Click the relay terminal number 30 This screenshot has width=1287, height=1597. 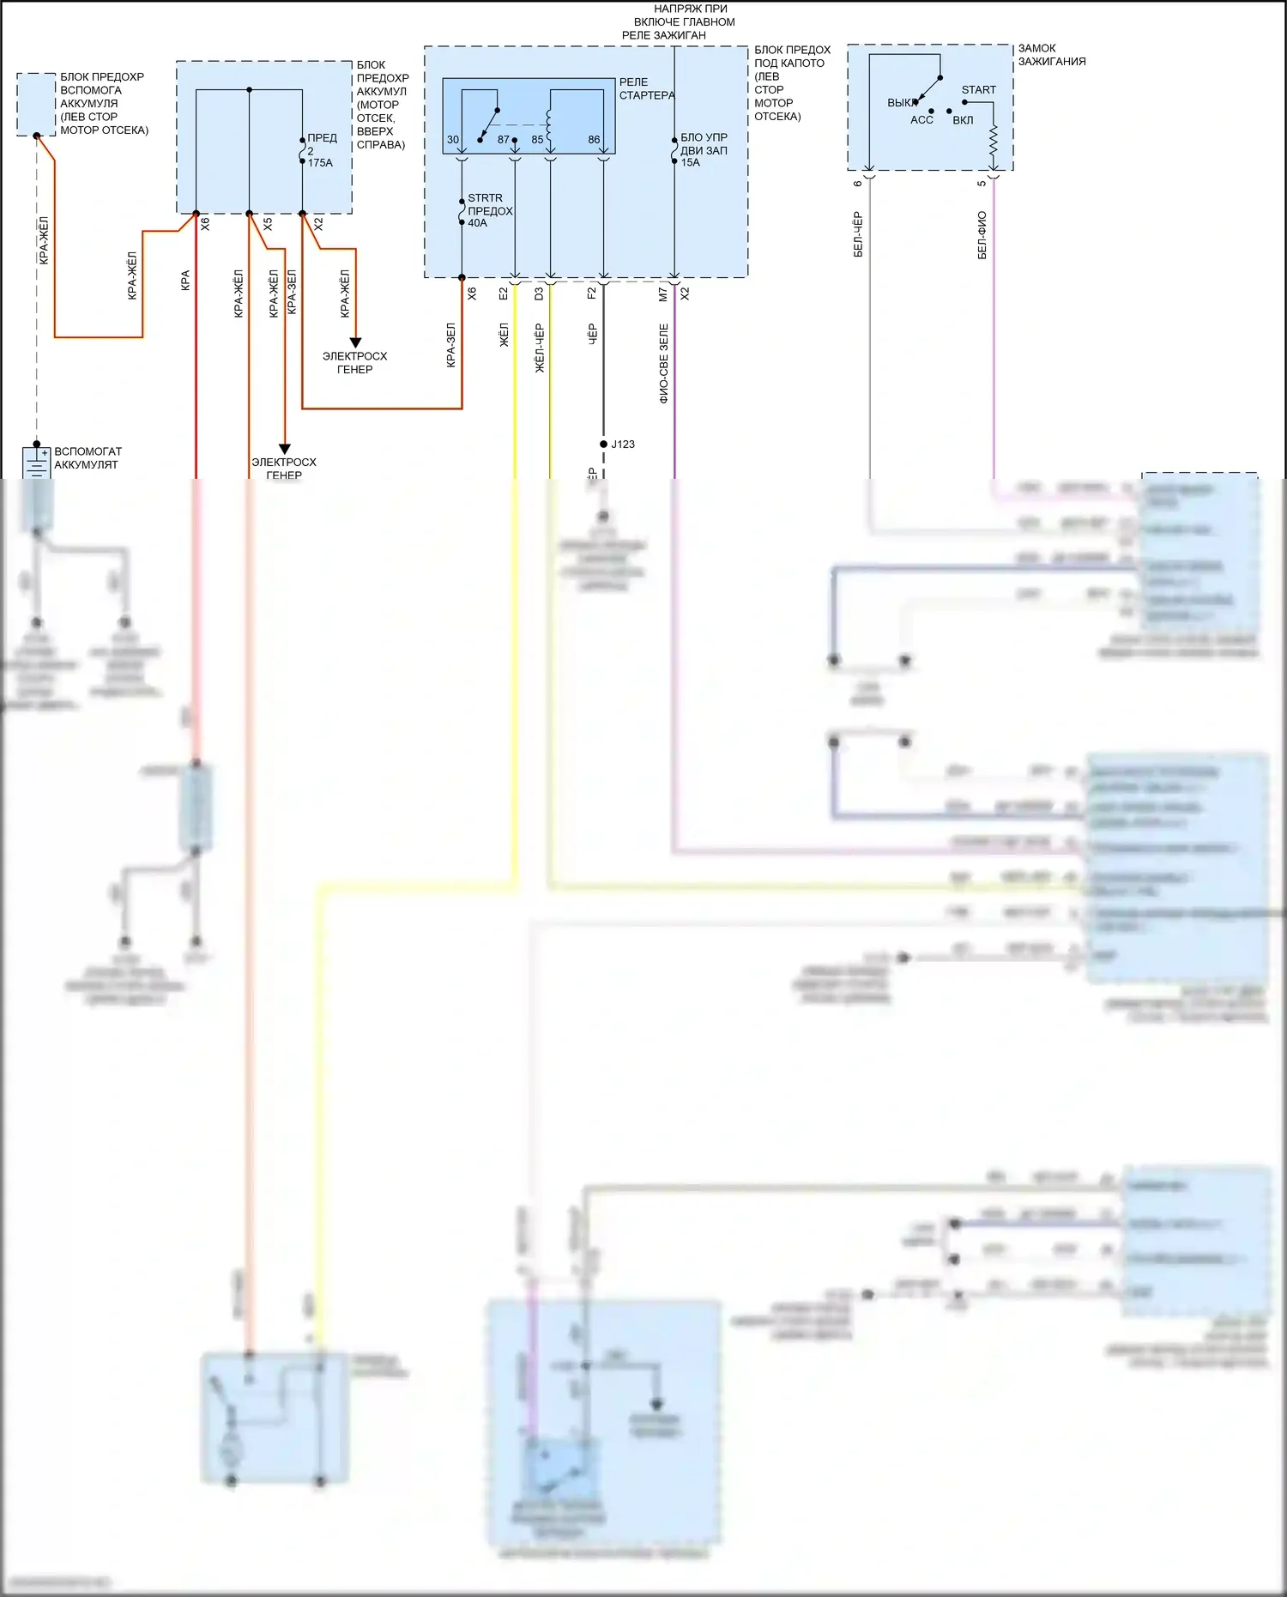click(453, 140)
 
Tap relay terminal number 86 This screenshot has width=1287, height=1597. click(594, 140)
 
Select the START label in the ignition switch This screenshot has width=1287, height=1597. click(978, 90)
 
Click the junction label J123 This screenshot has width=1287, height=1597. click(623, 445)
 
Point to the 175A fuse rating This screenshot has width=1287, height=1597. click(320, 163)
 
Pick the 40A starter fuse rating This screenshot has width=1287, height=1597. click(477, 223)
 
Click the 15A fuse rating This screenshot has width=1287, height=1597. click(691, 163)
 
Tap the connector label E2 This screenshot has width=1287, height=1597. click(504, 293)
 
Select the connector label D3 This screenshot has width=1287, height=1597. click(539, 293)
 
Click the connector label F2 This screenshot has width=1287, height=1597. click(592, 293)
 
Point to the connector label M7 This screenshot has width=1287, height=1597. click(662, 293)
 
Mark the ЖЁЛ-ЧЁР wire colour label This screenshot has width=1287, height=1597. click(540, 348)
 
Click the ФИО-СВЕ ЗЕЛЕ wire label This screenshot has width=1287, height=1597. click(664, 363)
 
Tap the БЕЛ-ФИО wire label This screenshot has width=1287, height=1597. click(982, 235)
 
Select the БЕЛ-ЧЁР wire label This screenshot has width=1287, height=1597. click(858, 235)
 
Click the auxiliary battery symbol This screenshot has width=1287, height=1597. click(36, 462)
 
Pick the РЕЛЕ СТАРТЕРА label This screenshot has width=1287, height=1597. click(646, 88)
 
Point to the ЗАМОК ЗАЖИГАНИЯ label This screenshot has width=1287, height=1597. click(1051, 55)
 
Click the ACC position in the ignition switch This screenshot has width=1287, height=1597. click(921, 120)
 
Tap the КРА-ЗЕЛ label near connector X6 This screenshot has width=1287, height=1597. click(451, 346)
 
